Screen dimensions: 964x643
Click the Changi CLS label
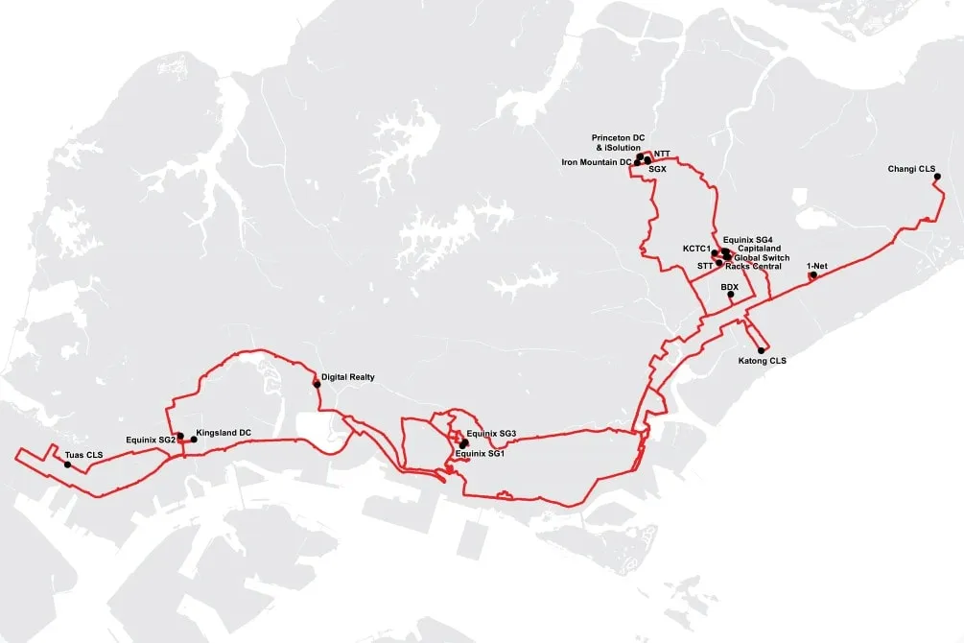(x=912, y=169)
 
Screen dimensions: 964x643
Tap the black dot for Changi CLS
(x=937, y=177)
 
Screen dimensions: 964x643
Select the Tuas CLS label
(x=83, y=454)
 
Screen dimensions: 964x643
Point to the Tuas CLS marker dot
(x=67, y=465)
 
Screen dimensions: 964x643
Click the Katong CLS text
(x=762, y=361)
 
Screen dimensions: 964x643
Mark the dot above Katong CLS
(x=762, y=350)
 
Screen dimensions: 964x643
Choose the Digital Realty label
(x=347, y=378)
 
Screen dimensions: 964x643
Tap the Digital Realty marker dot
(x=317, y=384)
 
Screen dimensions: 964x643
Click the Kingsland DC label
(x=223, y=433)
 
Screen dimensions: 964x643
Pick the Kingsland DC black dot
(x=194, y=440)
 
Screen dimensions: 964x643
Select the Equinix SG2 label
(x=150, y=440)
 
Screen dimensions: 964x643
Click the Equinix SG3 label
(x=491, y=435)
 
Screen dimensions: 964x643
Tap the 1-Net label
(x=816, y=265)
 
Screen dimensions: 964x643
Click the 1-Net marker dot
(x=812, y=276)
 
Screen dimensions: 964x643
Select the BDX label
(x=729, y=286)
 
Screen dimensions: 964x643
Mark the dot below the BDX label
(x=730, y=296)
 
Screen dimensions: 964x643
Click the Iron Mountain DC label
(x=596, y=162)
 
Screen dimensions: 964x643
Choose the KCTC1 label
(x=695, y=249)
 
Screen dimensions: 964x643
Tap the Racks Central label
(x=753, y=266)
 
